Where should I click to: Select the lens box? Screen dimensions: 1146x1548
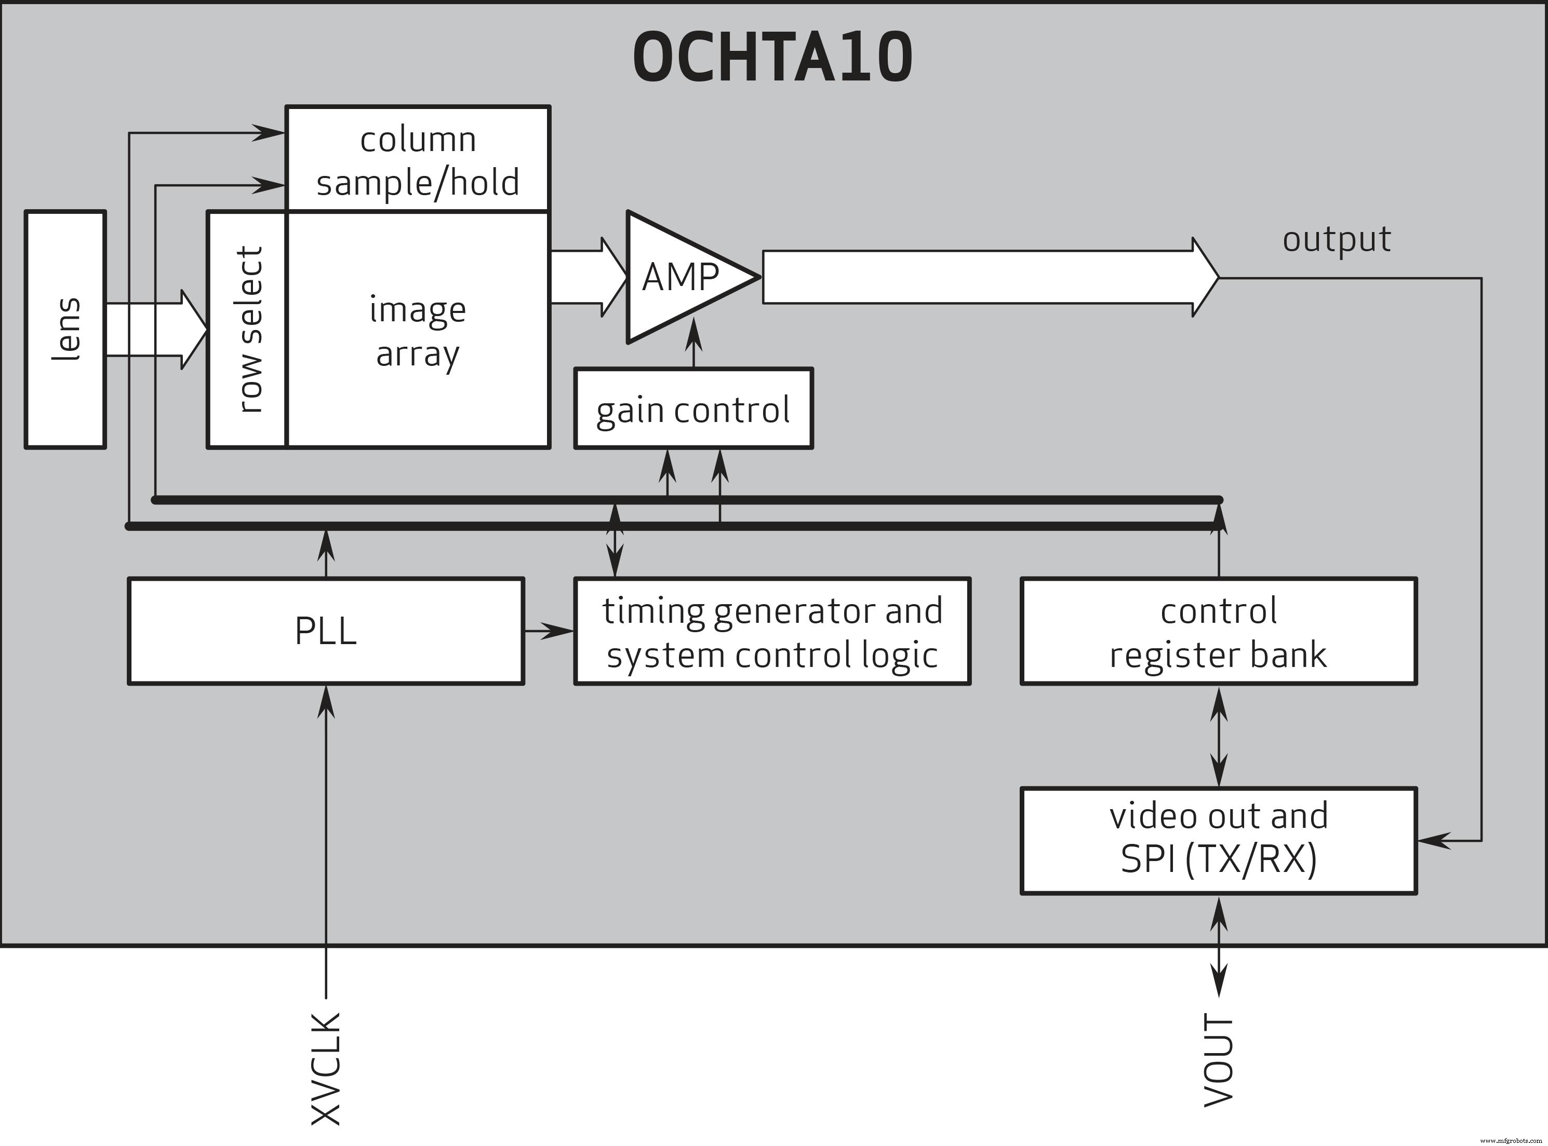coord(65,330)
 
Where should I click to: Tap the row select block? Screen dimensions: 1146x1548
coord(247,330)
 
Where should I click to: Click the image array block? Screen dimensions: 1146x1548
coord(418,330)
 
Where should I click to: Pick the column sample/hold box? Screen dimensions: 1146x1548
coord(418,159)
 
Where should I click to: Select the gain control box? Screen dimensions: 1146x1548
coord(693,410)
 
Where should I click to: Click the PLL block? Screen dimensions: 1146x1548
coord(326,631)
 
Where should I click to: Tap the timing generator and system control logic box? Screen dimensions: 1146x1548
coord(772,631)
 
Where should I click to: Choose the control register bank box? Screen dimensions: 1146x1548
coord(1218,631)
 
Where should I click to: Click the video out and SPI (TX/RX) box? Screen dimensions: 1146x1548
coord(1218,839)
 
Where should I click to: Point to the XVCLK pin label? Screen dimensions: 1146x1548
coord(326,1068)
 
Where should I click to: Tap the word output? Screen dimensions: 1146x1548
coord(1336,239)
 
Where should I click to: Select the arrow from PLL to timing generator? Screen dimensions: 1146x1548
coord(549,631)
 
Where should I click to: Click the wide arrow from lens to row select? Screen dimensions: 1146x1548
coord(156,330)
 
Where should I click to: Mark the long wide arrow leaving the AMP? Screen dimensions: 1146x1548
coord(986,278)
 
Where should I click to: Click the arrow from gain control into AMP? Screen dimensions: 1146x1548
coord(694,344)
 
